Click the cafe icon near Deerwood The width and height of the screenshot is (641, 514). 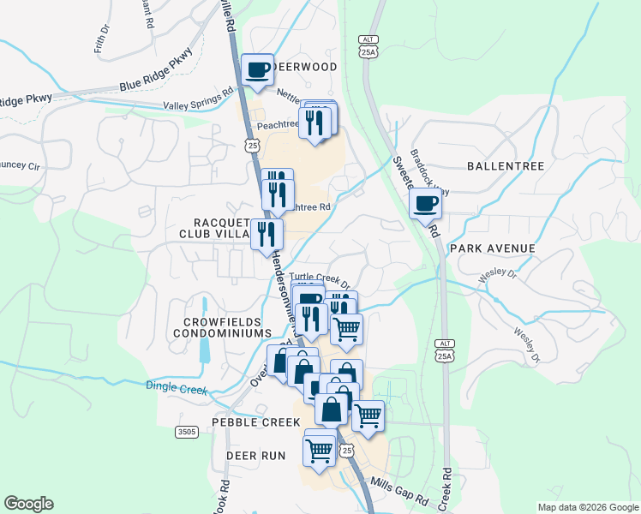tap(257, 70)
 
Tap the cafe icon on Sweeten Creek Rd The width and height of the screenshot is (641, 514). tap(426, 205)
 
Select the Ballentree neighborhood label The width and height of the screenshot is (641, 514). tap(506, 165)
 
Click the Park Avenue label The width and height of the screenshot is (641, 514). tap(492, 248)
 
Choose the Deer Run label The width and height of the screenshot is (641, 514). tap(255, 456)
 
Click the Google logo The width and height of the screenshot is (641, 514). tap(28, 504)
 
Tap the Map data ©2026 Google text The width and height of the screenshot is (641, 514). tap(587, 507)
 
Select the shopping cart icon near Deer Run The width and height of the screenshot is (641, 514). tap(320, 450)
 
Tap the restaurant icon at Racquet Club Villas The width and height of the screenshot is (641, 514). tap(267, 233)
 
